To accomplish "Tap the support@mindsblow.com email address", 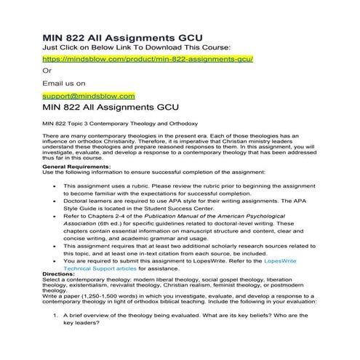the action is click(x=89, y=95).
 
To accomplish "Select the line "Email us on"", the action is click(x=64, y=83).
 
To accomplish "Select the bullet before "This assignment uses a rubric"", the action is click(x=55, y=186).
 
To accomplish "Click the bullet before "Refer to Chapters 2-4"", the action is click(x=55, y=216).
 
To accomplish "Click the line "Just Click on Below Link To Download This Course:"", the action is click(x=137, y=46).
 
